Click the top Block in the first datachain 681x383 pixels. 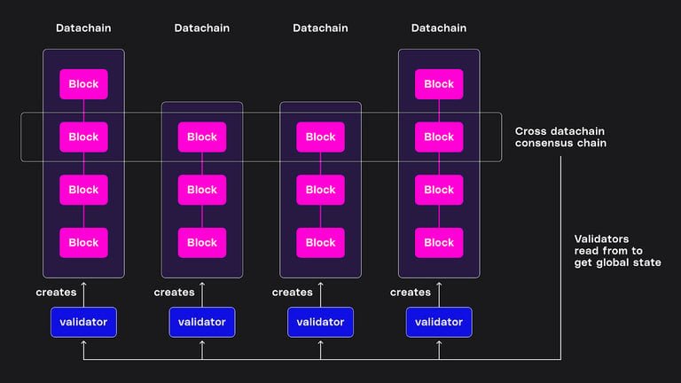coord(83,84)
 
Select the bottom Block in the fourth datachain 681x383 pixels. coord(439,242)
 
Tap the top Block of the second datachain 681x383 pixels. coord(202,137)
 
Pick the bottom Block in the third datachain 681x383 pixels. coord(320,242)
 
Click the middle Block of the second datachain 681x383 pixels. coord(202,190)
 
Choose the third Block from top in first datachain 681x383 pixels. coord(83,190)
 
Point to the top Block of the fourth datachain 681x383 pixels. coord(439,84)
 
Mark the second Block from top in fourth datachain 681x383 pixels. coord(439,137)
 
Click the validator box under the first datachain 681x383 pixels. coord(83,322)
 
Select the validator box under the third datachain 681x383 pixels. coord(320,322)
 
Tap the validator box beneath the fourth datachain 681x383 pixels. coord(439,322)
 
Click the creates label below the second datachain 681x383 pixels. coord(174,293)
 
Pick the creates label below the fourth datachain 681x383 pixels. coord(411,293)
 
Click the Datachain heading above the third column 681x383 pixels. coord(320,28)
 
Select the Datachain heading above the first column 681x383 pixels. coord(83,28)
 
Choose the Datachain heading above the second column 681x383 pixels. coord(202,28)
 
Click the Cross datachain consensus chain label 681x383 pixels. coord(560,137)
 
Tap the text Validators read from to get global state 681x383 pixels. coord(616,251)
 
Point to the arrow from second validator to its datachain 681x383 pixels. coord(202,293)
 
